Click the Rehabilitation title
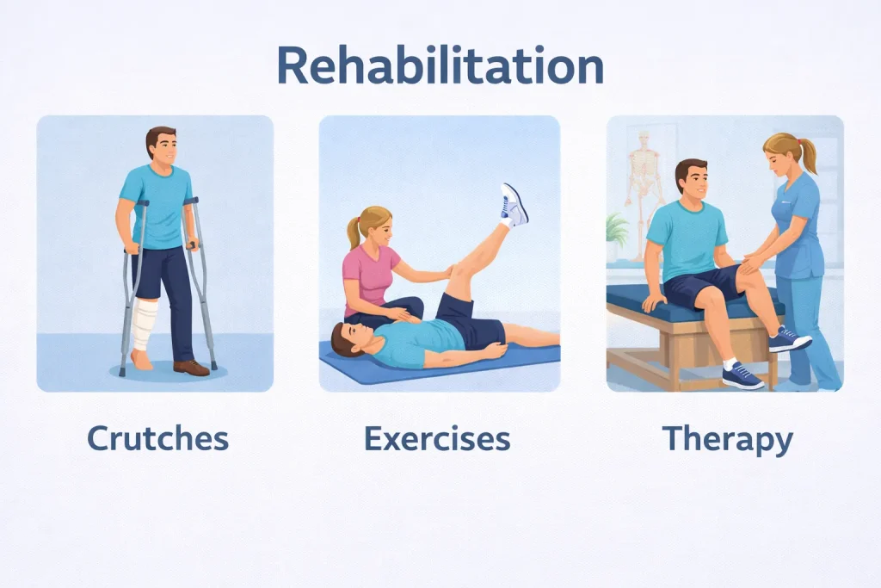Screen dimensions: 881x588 [440, 65]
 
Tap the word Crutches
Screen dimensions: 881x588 [158, 438]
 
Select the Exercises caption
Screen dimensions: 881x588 [437, 438]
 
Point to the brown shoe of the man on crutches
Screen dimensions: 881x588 [191, 368]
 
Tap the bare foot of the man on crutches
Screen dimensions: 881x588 [141, 360]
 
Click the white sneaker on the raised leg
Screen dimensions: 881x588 [514, 205]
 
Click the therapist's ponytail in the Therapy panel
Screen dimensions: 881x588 [808, 154]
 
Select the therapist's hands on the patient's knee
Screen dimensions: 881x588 [753, 263]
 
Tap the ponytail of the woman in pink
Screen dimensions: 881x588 [354, 233]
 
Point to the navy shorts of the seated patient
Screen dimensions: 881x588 [702, 286]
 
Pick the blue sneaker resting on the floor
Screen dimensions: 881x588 [742, 376]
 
